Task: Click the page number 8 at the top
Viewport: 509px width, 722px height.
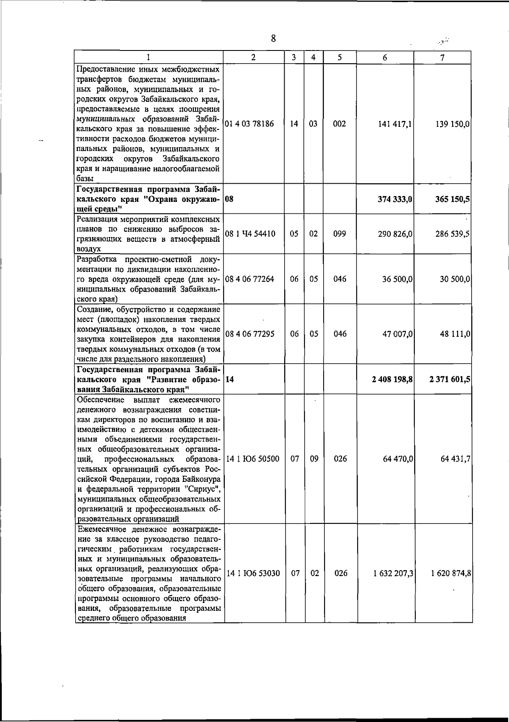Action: (x=274, y=39)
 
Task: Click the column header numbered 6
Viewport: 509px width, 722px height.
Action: (x=384, y=58)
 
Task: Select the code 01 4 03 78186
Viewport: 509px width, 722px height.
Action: (x=249, y=124)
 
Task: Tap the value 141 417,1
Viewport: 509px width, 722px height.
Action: (x=395, y=124)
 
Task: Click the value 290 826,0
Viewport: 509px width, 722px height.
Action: (x=395, y=234)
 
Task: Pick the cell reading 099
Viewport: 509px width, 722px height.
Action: (x=339, y=234)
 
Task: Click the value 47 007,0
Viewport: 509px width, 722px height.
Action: (x=397, y=334)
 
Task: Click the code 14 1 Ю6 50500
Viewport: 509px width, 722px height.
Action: (x=253, y=459)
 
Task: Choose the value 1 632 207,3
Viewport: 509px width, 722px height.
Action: (x=393, y=574)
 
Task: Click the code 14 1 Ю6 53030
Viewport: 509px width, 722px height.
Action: (x=253, y=574)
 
